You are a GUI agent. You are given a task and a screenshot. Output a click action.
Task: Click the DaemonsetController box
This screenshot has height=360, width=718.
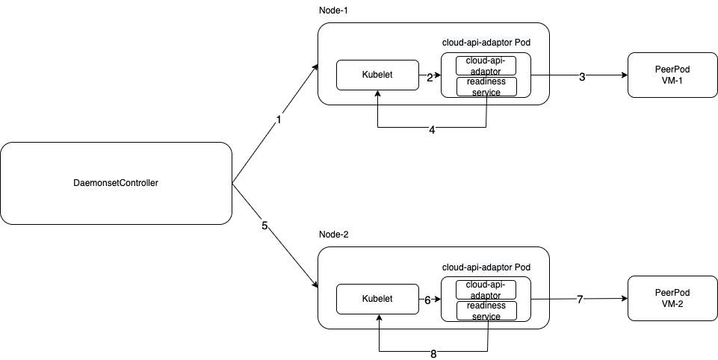[116, 183]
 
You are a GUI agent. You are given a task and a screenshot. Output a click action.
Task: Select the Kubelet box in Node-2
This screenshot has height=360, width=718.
[377, 299]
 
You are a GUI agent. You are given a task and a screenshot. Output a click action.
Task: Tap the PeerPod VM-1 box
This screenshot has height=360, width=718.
[672, 75]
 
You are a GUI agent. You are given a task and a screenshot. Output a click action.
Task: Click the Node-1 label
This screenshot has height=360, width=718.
[333, 11]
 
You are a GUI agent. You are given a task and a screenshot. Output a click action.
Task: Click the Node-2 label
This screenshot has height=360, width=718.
[333, 235]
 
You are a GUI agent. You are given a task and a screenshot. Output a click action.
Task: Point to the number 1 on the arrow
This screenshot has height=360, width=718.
[279, 120]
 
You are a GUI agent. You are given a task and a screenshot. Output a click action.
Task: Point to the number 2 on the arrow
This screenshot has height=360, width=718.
[430, 76]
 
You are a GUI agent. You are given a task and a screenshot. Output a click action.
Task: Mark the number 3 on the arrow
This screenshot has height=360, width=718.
[582, 76]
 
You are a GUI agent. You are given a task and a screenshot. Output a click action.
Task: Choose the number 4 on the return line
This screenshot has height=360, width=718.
[432, 129]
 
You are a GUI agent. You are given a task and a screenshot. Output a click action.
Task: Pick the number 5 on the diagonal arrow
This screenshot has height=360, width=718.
[264, 225]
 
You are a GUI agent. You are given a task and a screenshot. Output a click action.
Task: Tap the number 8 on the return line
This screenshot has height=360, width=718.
[433, 353]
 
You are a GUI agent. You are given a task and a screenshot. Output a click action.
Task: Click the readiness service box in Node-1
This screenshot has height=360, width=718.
[486, 86]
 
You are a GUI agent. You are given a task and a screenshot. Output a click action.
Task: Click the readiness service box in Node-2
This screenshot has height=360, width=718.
[486, 310]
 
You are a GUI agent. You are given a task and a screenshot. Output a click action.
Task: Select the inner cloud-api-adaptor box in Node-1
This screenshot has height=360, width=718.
[486, 66]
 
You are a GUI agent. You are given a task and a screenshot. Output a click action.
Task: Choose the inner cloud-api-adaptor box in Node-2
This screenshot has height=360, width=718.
[486, 290]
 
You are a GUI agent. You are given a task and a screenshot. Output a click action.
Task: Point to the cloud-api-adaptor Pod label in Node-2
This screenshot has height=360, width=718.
[486, 267]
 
